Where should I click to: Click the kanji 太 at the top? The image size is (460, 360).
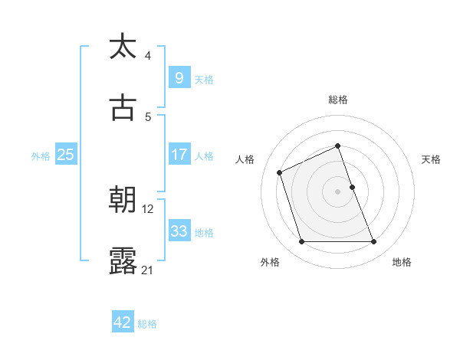(123, 47)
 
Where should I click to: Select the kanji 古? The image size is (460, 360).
(123, 108)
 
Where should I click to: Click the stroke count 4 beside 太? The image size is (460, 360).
(148, 55)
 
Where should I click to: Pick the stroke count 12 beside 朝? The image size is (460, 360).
(148, 208)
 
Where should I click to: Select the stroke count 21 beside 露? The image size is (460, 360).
(148, 270)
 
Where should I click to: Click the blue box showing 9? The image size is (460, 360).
(179, 77)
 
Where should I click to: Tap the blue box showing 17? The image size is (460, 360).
(179, 155)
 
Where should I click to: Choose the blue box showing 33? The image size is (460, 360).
(179, 231)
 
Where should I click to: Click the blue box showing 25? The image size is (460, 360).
(66, 155)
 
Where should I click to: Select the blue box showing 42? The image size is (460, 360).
(123, 322)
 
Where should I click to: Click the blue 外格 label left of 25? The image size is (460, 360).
(41, 155)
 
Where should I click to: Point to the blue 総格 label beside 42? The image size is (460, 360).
(147, 323)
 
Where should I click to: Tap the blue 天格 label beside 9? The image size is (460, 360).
(203, 79)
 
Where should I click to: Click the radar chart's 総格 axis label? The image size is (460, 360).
(338, 100)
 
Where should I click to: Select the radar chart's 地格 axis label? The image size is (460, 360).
(402, 262)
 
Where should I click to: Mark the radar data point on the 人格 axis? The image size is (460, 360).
(280, 172)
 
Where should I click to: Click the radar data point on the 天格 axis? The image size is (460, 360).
(352, 187)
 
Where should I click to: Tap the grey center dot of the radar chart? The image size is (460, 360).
(338, 191)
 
